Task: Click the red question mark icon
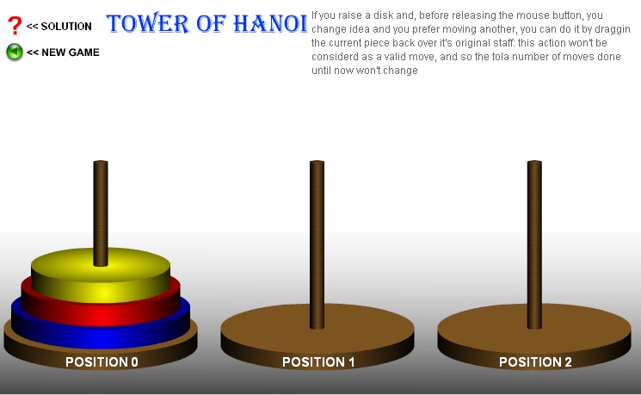tap(14, 26)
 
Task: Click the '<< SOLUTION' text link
tap(59, 27)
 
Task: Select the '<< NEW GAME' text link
tap(63, 52)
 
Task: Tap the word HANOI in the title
tap(270, 23)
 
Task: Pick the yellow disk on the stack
tap(101, 281)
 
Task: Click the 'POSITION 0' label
tap(102, 362)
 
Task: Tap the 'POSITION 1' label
tap(318, 362)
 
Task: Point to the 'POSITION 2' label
tap(535, 362)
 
